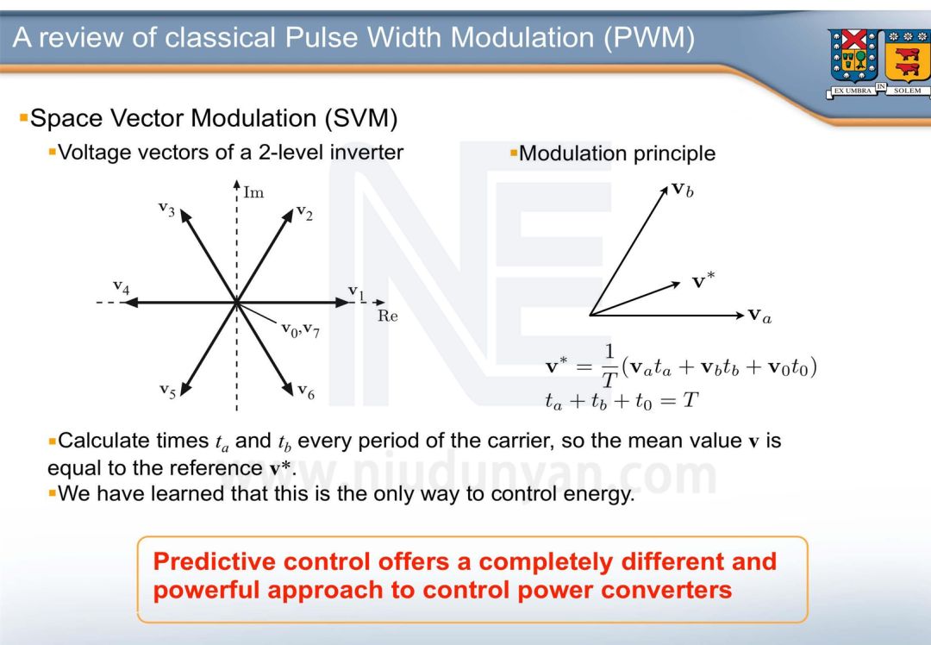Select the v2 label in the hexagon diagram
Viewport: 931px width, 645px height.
coord(303,212)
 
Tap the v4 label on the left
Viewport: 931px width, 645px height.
coord(121,287)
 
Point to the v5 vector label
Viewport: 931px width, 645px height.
coord(167,391)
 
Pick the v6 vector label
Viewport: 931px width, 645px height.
coord(306,391)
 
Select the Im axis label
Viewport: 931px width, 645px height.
coord(253,192)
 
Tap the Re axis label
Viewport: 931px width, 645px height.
coord(388,316)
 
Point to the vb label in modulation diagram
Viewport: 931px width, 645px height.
coord(682,190)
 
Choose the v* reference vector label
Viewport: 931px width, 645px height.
coord(703,281)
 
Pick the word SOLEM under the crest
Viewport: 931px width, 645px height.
coord(907,91)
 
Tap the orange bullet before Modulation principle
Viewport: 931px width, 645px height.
coord(514,153)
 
